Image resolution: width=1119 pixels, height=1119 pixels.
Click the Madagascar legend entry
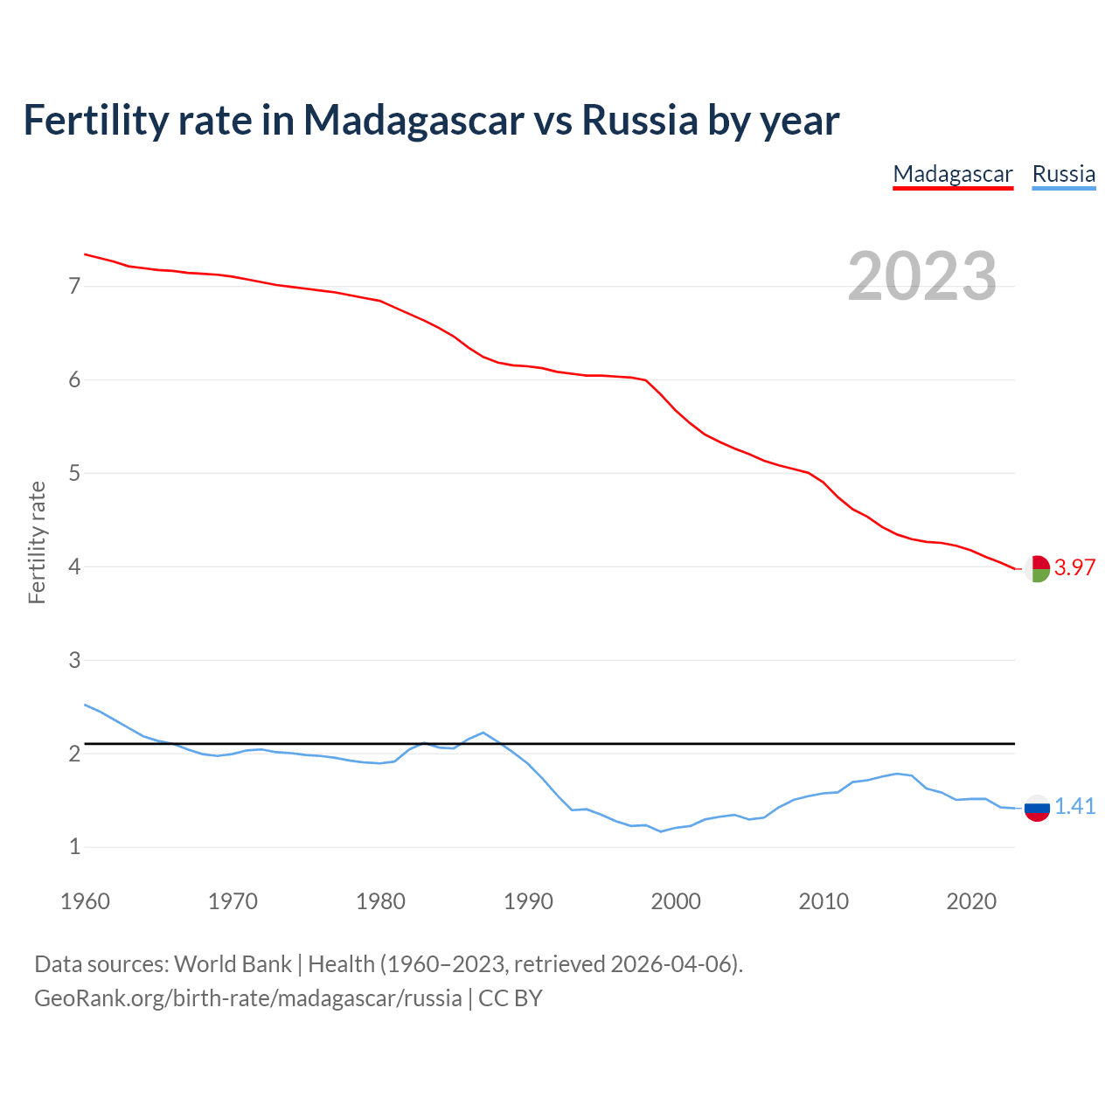pos(952,174)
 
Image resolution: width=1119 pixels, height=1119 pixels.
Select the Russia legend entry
pos(1063,174)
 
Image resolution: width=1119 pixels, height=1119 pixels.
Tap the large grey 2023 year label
pos(921,276)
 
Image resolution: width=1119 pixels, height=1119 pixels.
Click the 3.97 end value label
pos(1074,567)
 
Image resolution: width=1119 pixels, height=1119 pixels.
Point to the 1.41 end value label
pos(1074,806)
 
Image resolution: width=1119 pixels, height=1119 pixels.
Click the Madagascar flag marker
pos(1037,568)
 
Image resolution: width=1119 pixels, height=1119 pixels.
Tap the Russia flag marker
pos(1037,808)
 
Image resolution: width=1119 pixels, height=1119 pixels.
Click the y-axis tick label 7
pos(74,286)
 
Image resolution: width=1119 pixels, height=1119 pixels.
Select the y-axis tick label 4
pos(74,566)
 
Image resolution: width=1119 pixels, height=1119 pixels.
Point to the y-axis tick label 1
pos(74,846)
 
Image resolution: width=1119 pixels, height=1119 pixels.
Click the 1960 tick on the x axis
pos(85,901)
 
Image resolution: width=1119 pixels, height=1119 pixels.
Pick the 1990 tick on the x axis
pos(528,901)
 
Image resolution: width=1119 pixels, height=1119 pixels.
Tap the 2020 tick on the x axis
pos(971,901)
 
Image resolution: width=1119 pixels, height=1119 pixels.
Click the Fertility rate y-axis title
pos(37,542)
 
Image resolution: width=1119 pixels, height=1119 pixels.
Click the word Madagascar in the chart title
pos(414,120)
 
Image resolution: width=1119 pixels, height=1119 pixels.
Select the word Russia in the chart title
pos(639,120)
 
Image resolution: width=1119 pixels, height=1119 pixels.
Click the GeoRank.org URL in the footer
pos(247,998)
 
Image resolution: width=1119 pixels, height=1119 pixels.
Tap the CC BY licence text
pos(511,998)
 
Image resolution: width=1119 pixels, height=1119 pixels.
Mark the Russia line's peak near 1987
pos(483,733)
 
